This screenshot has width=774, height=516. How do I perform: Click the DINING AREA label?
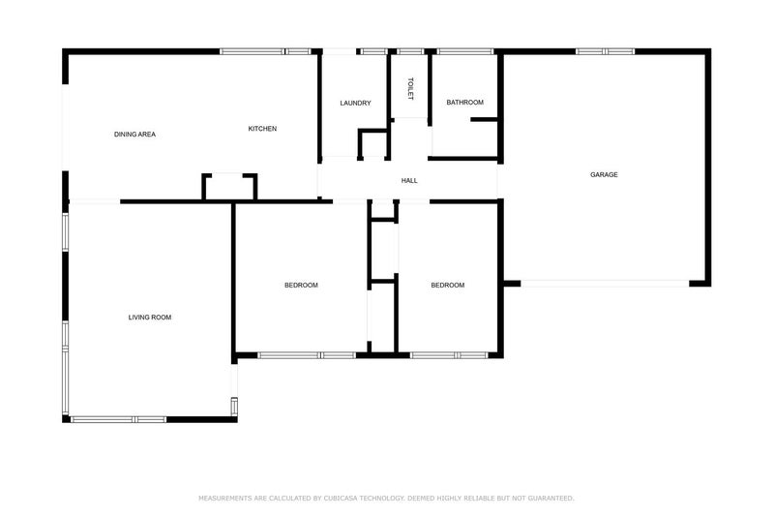pyautogui.click(x=134, y=135)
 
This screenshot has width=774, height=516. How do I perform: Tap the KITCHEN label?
pyautogui.click(x=262, y=129)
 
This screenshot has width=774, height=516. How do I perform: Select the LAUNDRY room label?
pyautogui.click(x=355, y=104)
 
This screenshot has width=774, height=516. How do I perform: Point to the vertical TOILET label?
pyautogui.click(x=410, y=89)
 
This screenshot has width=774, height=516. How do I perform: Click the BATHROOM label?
pyautogui.click(x=464, y=103)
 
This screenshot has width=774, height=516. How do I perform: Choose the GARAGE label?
pyautogui.click(x=604, y=175)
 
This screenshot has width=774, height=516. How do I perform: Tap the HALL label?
pyautogui.click(x=409, y=181)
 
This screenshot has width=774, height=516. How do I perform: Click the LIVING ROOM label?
pyautogui.click(x=150, y=318)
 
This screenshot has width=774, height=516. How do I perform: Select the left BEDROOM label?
pyautogui.click(x=301, y=286)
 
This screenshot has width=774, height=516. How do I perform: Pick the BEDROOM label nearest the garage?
pyautogui.click(x=447, y=286)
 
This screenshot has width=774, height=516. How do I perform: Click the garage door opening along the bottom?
pyautogui.click(x=605, y=283)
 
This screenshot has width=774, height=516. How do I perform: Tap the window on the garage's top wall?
pyautogui.click(x=605, y=51)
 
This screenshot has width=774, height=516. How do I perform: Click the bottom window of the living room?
pyautogui.click(x=119, y=419)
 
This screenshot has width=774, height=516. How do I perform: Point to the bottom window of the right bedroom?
pyautogui.click(x=449, y=355)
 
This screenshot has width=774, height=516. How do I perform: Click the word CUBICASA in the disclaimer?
pyautogui.click(x=346, y=499)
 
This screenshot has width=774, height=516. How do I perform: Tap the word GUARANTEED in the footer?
pyautogui.click(x=546, y=499)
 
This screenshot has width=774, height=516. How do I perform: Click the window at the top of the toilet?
pyautogui.click(x=410, y=51)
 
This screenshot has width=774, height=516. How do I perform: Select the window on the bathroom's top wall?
pyautogui.click(x=464, y=51)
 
